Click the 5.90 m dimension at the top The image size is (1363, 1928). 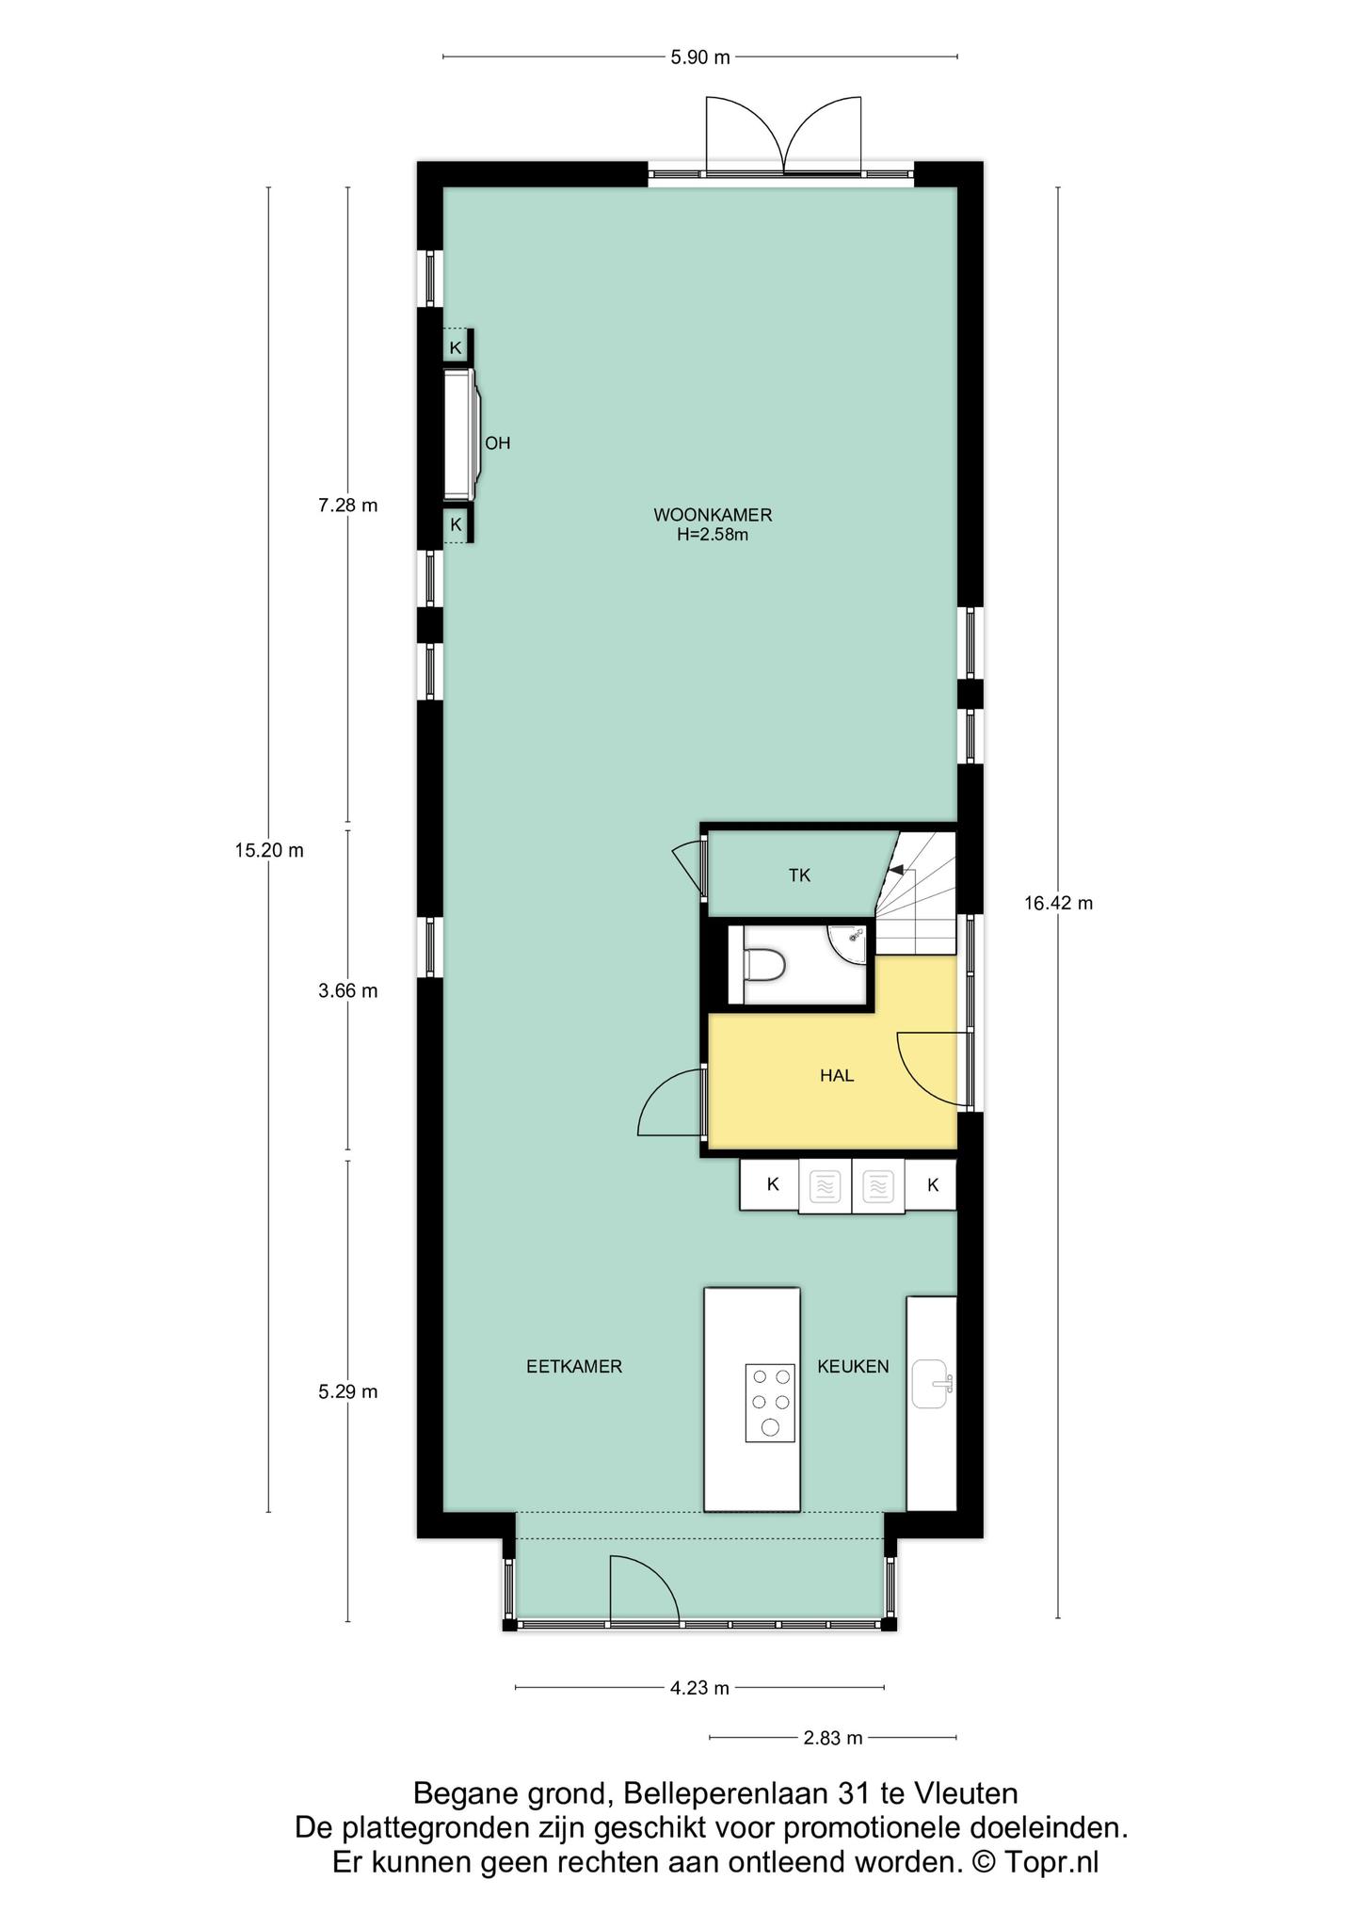(699, 57)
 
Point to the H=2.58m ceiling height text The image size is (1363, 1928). (713, 536)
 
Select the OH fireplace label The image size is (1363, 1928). (497, 442)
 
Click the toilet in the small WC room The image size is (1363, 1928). (763, 965)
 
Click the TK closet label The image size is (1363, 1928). (799, 876)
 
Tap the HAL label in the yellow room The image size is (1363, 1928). (837, 1075)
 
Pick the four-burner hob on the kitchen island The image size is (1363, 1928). (770, 1404)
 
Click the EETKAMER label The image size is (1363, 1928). (574, 1366)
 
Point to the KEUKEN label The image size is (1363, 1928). (853, 1366)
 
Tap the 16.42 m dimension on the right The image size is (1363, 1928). (1058, 904)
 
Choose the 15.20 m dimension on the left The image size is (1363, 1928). (269, 850)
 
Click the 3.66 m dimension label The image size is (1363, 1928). (348, 990)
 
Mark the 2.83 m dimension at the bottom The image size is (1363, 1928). (833, 1738)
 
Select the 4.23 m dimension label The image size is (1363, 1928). (699, 1688)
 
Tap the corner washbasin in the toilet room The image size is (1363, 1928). (851, 938)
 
